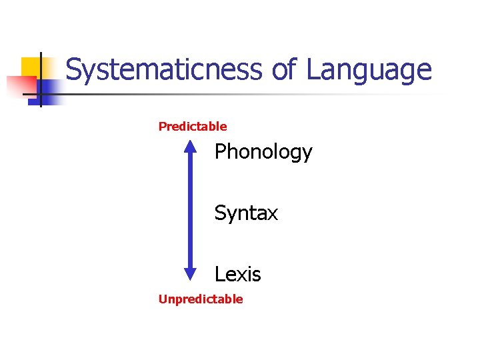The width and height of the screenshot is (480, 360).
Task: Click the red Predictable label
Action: (x=193, y=127)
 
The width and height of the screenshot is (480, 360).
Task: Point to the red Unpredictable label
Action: (x=201, y=299)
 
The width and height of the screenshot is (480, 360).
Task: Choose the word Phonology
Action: (x=263, y=153)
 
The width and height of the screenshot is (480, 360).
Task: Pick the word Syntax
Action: (x=246, y=214)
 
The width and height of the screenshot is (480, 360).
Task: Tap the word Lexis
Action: (x=237, y=275)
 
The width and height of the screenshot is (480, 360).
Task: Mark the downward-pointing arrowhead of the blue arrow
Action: (x=190, y=272)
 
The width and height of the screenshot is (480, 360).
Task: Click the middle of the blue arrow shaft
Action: (x=190, y=210)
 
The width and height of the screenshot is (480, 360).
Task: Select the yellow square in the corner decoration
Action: (x=31, y=67)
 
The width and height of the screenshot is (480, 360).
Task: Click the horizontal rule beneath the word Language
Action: (x=267, y=94)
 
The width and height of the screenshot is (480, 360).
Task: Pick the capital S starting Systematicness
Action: (x=74, y=70)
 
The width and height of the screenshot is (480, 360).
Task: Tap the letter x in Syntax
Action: (x=273, y=215)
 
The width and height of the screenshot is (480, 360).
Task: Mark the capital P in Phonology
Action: (x=221, y=152)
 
